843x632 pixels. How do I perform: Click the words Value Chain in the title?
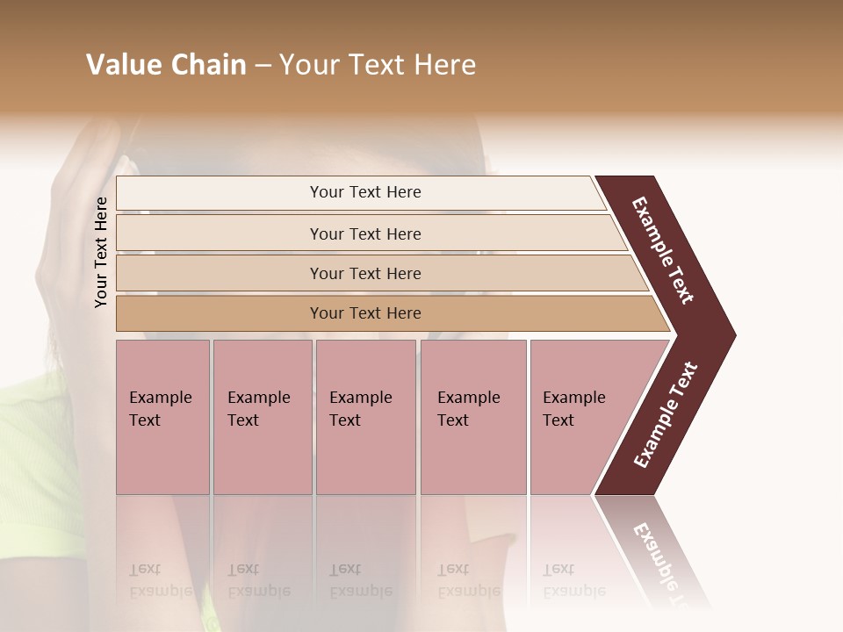[x=166, y=65]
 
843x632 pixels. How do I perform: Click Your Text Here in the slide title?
[x=378, y=65]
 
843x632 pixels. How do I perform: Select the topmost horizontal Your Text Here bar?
[x=365, y=192]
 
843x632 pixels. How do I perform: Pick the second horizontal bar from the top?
[x=365, y=233]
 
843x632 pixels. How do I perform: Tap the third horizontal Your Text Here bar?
[x=365, y=273]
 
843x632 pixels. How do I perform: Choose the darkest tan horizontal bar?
[x=365, y=313]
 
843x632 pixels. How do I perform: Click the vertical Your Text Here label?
[x=101, y=252]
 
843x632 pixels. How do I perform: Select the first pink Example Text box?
[x=162, y=416]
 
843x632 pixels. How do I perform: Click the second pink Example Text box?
[x=262, y=416]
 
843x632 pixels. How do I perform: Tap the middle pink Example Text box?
[x=365, y=416]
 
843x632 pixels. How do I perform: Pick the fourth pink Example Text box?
[x=472, y=416]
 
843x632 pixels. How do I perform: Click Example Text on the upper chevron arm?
[x=664, y=250]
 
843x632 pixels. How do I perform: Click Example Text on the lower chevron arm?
[x=666, y=414]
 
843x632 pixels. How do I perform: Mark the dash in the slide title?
[x=263, y=66]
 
